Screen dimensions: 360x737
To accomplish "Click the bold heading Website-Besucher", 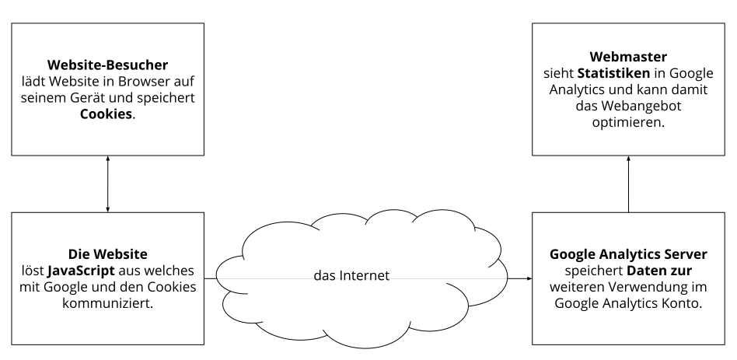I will click(x=107, y=65).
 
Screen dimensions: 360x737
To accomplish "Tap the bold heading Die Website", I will click(x=107, y=254).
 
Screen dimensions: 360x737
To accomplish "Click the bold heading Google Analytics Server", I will click(x=628, y=254).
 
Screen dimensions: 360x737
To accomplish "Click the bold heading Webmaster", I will click(x=628, y=56).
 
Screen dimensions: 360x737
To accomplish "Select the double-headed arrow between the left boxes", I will click(x=107, y=183).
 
